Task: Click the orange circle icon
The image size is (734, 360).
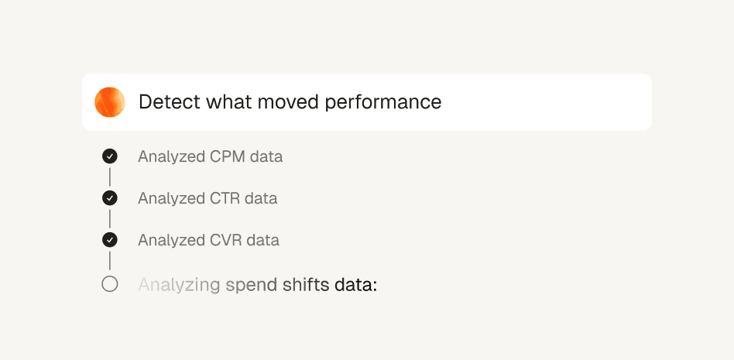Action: pyautogui.click(x=109, y=102)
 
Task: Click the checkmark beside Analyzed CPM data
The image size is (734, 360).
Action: pyautogui.click(x=110, y=156)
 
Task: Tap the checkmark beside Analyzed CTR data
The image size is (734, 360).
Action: pyautogui.click(x=110, y=198)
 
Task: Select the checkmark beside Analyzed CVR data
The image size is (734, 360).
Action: pyautogui.click(x=110, y=240)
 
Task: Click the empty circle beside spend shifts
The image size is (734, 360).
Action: pyautogui.click(x=110, y=284)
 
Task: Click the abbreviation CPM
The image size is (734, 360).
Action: pyautogui.click(x=227, y=156)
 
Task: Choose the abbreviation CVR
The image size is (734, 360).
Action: pyautogui.click(x=225, y=240)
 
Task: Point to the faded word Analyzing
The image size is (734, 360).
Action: pyautogui.click(x=180, y=285)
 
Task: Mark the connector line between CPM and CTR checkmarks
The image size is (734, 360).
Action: pyautogui.click(x=110, y=177)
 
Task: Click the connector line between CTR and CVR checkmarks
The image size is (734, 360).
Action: pyautogui.click(x=110, y=219)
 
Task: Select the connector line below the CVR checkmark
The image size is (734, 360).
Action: pyautogui.click(x=110, y=261)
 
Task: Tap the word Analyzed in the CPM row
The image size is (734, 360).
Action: pyautogui.click(x=171, y=157)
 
